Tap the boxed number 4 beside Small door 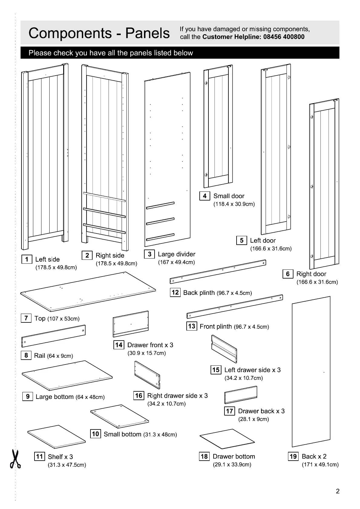click(x=205, y=196)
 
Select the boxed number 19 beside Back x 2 click(x=293, y=456)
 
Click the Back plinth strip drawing click(x=218, y=271)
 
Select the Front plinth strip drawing click(x=235, y=306)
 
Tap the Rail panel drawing click(x=54, y=336)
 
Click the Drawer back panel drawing click(x=241, y=395)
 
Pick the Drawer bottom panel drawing click(x=227, y=439)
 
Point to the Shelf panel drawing click(x=57, y=437)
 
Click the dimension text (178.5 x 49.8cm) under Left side click(x=56, y=267)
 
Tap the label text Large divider click(x=176, y=254)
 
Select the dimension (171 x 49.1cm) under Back click(x=320, y=465)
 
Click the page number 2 click(x=338, y=491)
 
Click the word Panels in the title click(x=148, y=33)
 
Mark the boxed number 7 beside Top click(x=26, y=318)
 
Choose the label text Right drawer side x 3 click(x=177, y=396)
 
